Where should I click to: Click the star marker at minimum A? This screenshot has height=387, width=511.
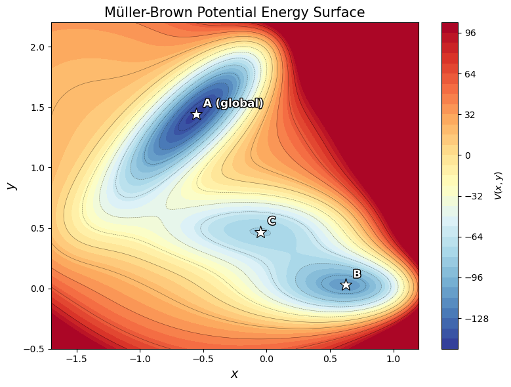click(196, 114)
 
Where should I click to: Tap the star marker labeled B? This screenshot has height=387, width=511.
click(346, 285)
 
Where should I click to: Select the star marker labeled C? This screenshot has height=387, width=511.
click(260, 232)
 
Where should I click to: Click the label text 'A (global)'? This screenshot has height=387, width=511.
click(233, 103)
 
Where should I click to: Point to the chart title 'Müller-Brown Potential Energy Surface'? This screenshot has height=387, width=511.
click(234, 12)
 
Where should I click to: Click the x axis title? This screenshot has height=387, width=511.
click(234, 374)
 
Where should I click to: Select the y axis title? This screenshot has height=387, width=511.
click(11, 186)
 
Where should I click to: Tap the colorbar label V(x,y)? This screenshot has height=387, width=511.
click(499, 186)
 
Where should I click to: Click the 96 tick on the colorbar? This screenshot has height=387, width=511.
click(470, 33)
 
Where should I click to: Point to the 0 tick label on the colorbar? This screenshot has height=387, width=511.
click(467, 155)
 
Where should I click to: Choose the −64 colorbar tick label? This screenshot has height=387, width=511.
click(472, 237)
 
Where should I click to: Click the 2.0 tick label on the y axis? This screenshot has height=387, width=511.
click(38, 47)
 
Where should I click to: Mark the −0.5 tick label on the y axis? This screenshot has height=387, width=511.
click(35, 349)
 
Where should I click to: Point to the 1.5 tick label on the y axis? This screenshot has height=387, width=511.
click(38, 108)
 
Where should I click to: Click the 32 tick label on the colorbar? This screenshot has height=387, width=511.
click(470, 115)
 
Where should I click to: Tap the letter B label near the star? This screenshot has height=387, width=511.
click(357, 274)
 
